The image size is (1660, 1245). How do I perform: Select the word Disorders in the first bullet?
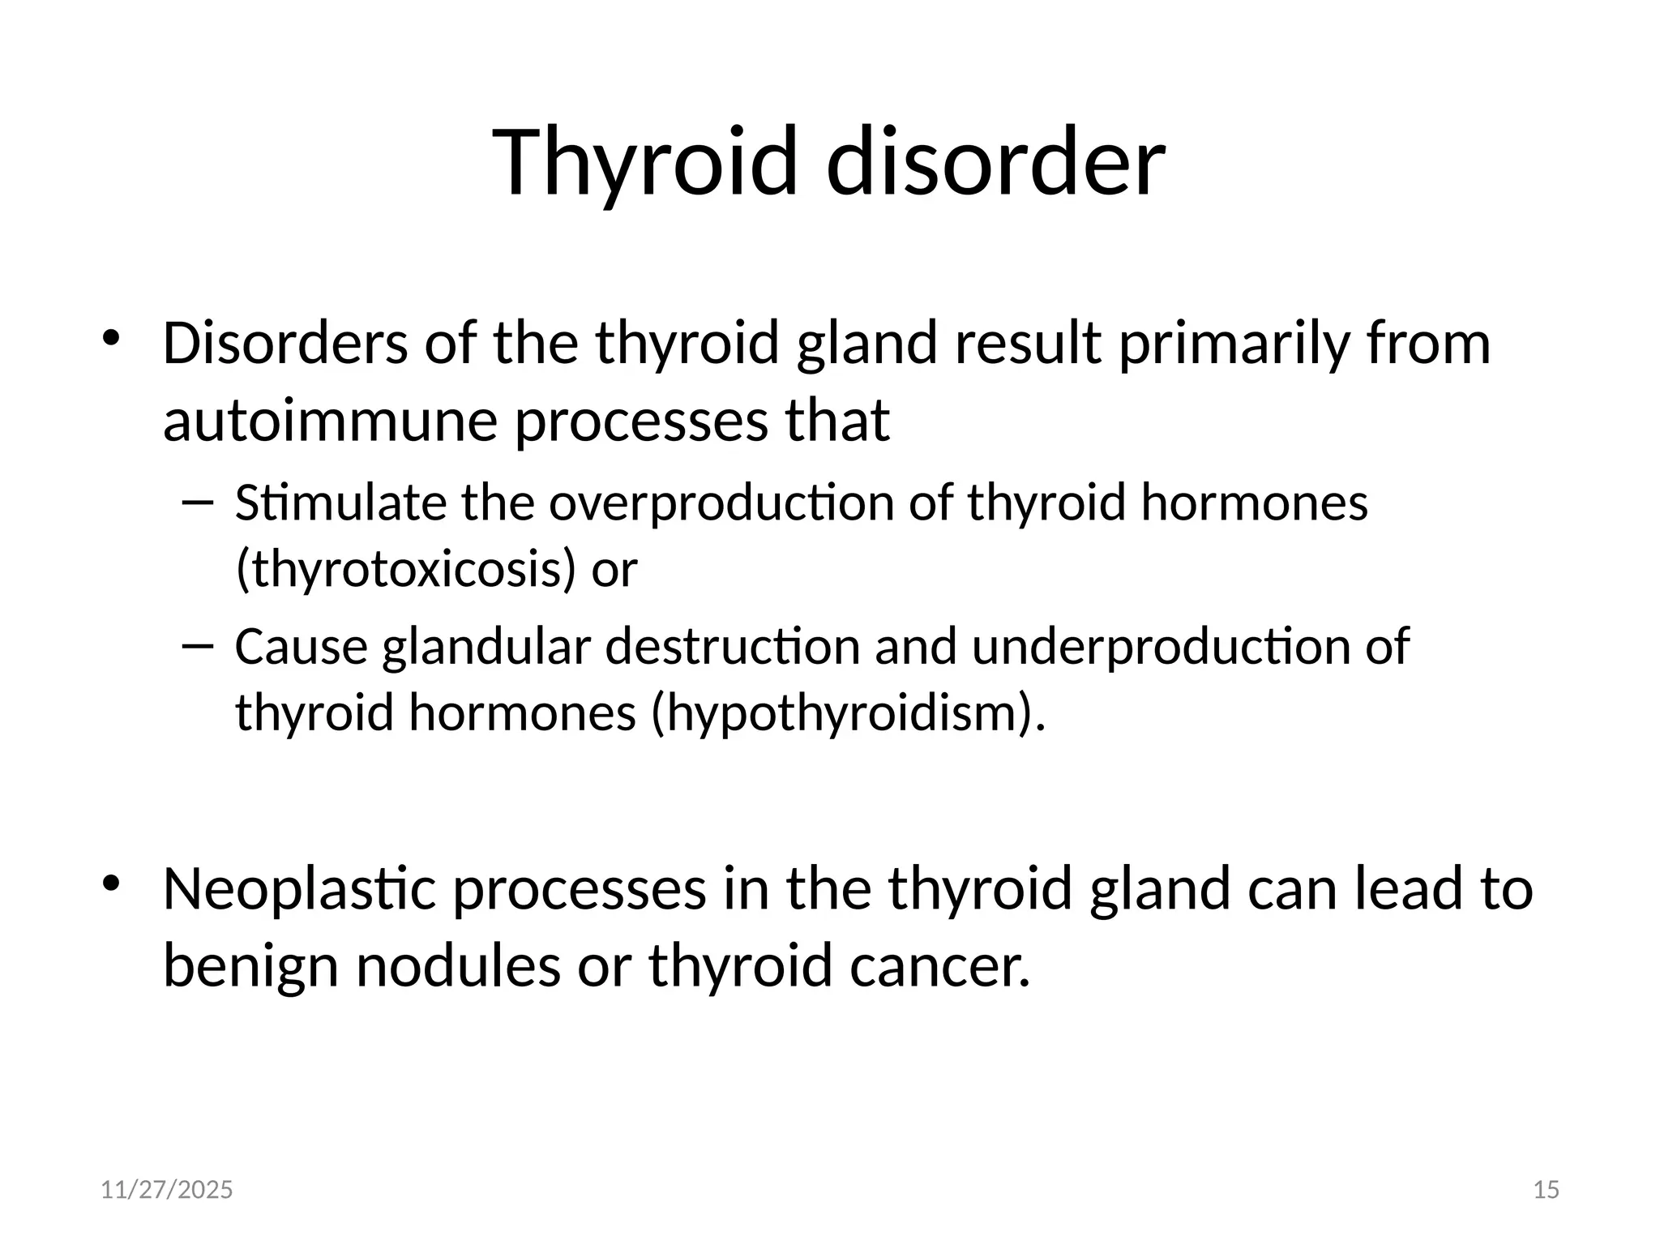pos(285,343)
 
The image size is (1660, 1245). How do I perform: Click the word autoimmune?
pos(329,421)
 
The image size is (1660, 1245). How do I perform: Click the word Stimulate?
pos(340,503)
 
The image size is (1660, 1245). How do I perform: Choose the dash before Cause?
pos(197,646)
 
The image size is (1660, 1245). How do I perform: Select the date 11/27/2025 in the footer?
pos(166,1190)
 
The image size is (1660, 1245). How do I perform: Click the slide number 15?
pos(1547,1190)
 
